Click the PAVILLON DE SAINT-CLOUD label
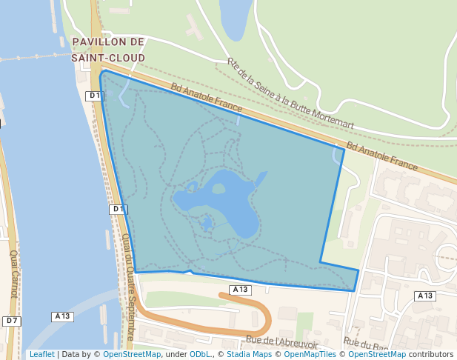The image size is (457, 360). pos(108,49)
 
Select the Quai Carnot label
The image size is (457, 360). pos(13,274)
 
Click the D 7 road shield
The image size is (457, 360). pos(11,321)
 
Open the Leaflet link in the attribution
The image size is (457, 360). pos(41,354)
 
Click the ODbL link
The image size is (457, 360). pos(200,354)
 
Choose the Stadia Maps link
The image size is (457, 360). pos(248,354)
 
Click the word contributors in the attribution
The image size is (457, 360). pos(431,354)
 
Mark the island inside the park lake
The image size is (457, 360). pos(218,189)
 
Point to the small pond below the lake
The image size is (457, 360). pos(207,222)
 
